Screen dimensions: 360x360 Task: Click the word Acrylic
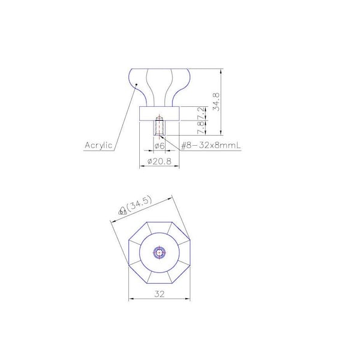click(x=98, y=146)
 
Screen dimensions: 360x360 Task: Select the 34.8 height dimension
click(x=216, y=102)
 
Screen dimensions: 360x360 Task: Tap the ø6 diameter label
click(x=160, y=146)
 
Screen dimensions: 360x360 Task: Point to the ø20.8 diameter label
click(x=160, y=161)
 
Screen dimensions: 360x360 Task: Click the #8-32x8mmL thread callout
click(x=211, y=146)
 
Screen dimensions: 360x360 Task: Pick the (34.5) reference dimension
click(x=139, y=204)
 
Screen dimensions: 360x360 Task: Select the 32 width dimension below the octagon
click(x=160, y=294)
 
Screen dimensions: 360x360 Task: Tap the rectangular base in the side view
click(x=160, y=113)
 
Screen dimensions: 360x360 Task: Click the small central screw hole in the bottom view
click(x=159, y=253)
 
